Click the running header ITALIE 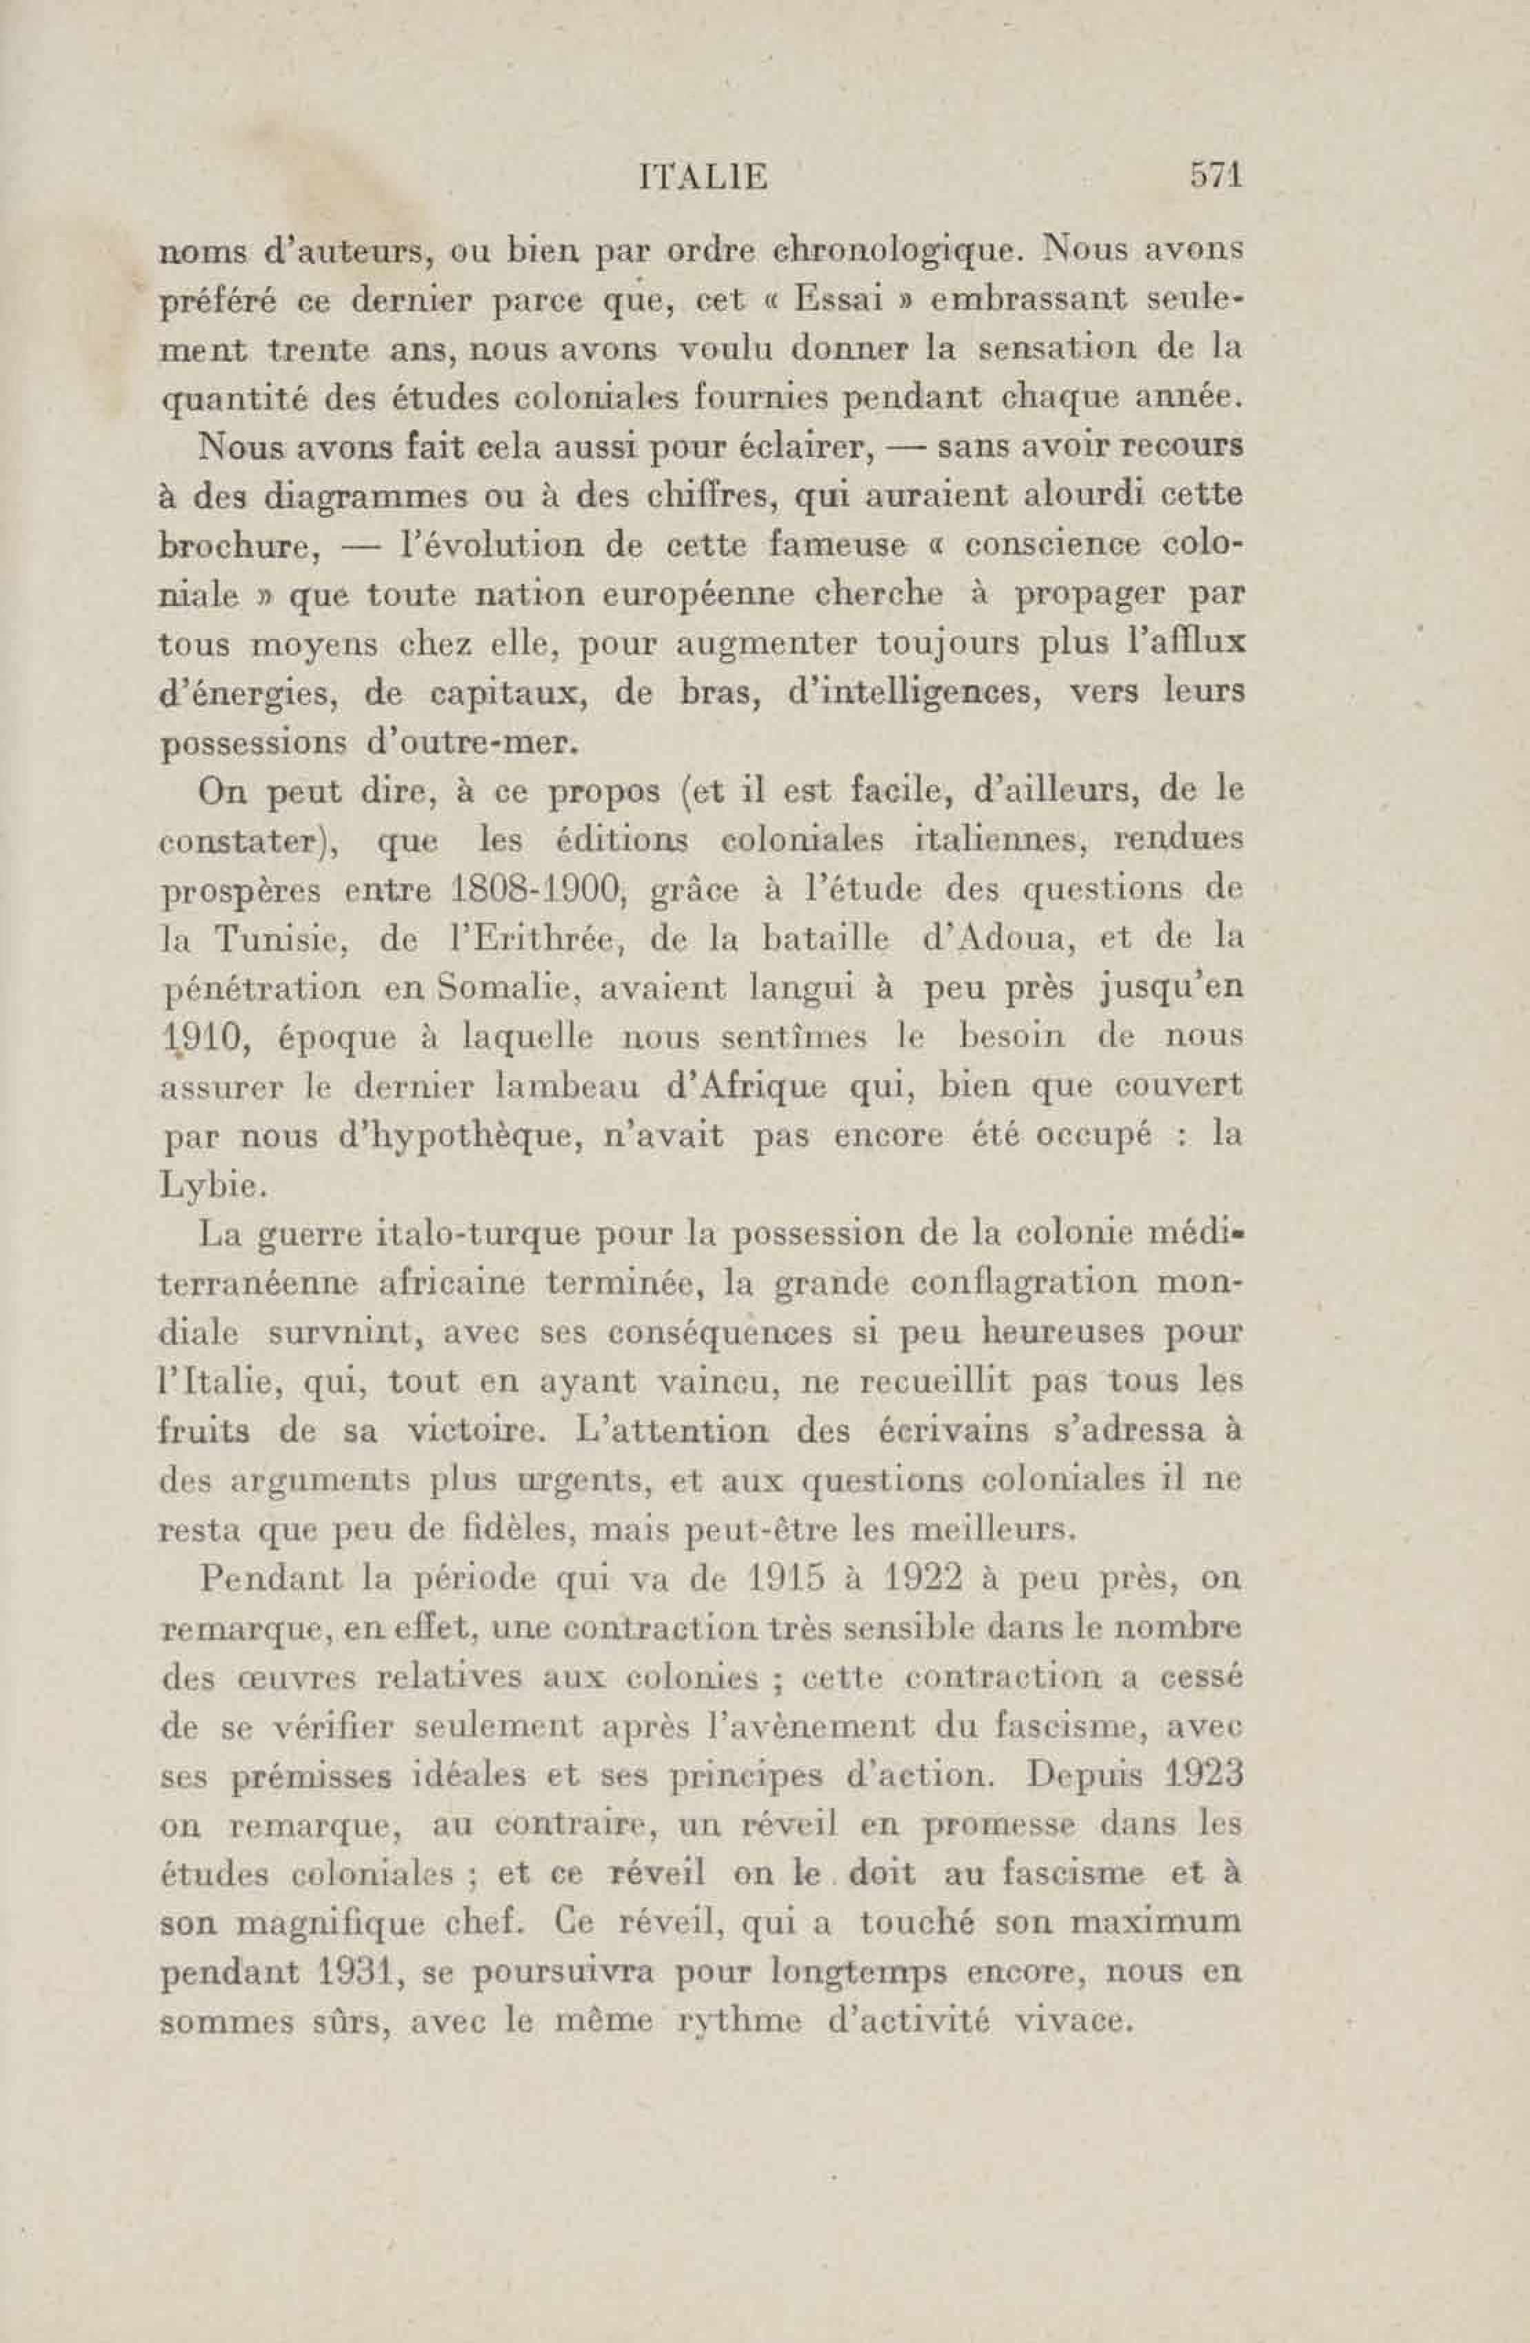coord(703,178)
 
